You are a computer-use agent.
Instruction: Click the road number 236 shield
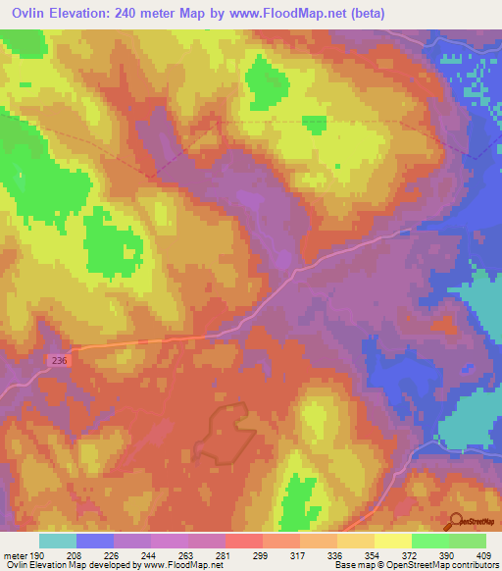click(60, 361)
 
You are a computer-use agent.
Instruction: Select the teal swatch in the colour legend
click(58, 541)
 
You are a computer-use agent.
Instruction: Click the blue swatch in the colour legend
click(95, 541)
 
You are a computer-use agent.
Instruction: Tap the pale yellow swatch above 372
click(392, 541)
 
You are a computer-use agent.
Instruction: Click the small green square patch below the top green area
click(314, 123)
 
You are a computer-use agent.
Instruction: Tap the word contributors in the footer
click(473, 565)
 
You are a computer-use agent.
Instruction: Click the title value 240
click(132, 13)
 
